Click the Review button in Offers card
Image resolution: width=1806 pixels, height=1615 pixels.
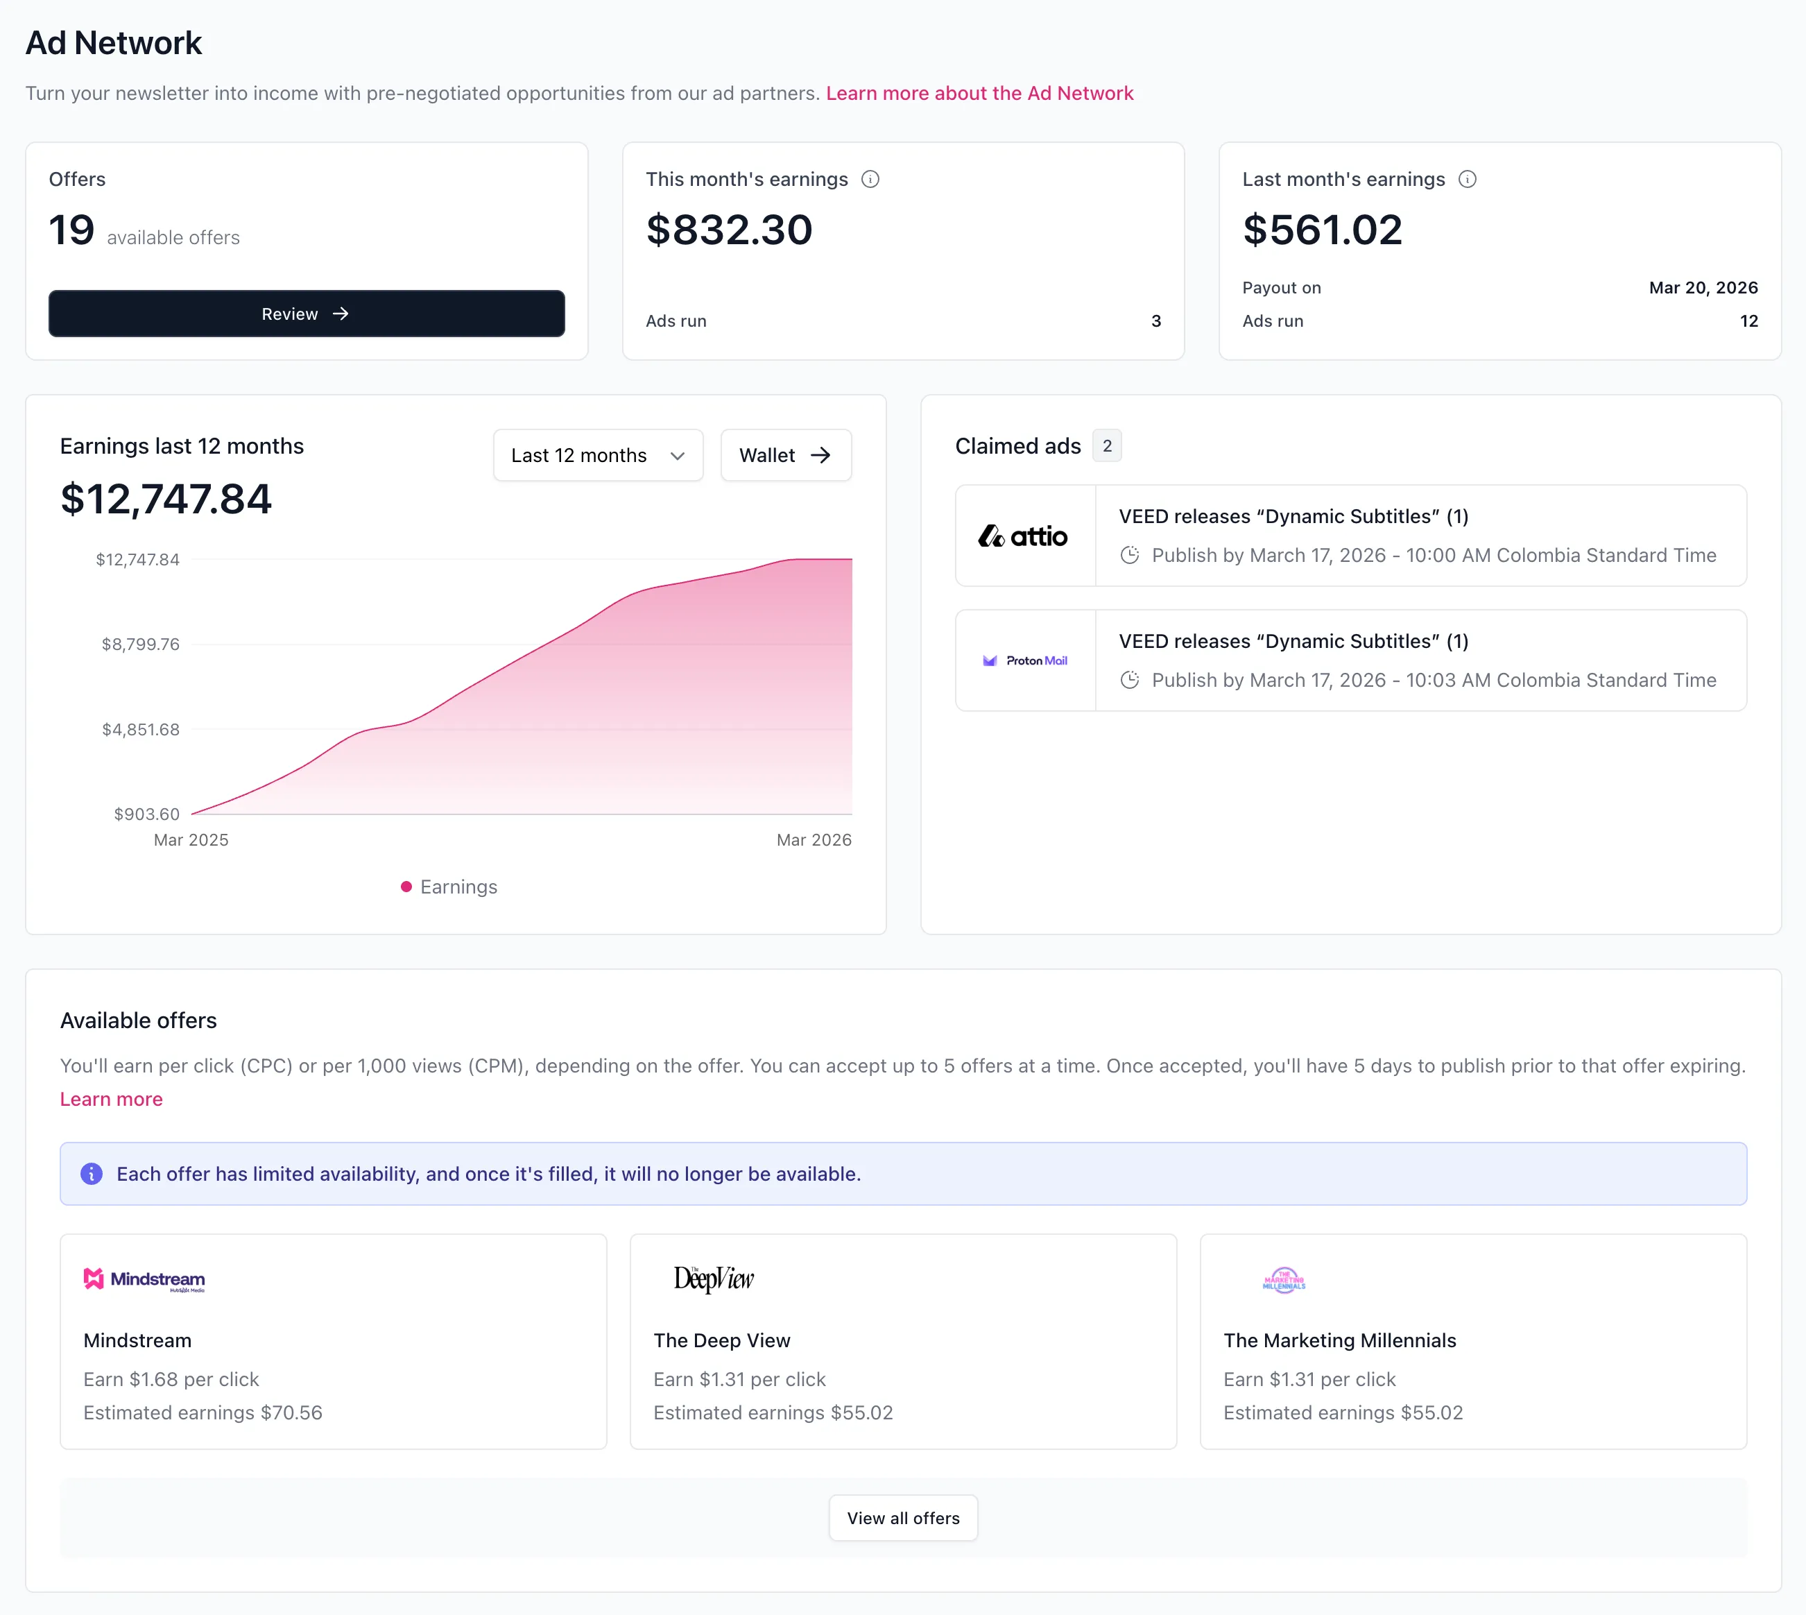point(306,314)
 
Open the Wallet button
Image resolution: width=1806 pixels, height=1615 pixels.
point(785,455)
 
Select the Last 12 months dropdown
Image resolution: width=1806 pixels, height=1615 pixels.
point(598,455)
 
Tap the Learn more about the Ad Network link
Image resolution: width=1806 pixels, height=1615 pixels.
point(979,93)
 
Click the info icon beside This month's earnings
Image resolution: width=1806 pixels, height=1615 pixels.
point(870,179)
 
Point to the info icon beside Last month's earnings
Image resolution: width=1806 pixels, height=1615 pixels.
point(1467,179)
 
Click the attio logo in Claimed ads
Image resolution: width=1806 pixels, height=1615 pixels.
point(1024,536)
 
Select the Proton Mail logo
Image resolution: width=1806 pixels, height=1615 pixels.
point(1025,660)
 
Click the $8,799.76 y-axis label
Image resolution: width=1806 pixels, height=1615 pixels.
point(140,644)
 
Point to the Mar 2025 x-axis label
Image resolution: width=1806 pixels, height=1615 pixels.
point(191,839)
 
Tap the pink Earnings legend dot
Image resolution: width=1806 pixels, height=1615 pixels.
point(406,887)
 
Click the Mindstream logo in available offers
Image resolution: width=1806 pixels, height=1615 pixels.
point(144,1279)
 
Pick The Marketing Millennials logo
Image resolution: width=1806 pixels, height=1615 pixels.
point(1284,1279)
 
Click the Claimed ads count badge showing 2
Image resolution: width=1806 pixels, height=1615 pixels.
point(1107,445)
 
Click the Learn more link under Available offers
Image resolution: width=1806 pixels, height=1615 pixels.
point(111,1099)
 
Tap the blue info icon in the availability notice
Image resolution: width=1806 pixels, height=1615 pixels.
point(92,1173)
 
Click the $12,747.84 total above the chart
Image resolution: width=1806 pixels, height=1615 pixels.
point(166,499)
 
